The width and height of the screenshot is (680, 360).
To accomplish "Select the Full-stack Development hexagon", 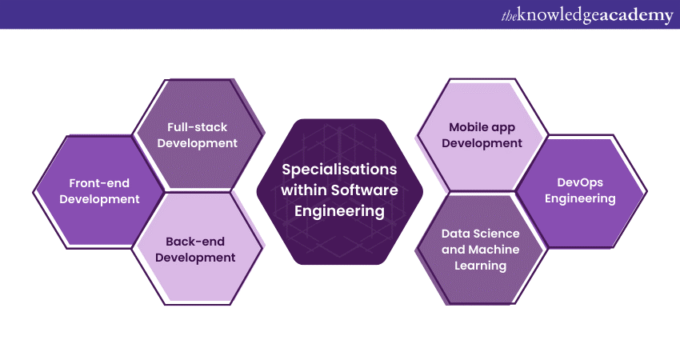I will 197,134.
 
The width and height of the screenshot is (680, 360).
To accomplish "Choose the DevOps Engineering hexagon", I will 580,190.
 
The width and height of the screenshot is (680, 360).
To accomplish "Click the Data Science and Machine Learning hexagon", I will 481,249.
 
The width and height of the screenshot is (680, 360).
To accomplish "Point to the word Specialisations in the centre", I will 338,170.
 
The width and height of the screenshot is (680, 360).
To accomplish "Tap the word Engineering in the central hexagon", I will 338,211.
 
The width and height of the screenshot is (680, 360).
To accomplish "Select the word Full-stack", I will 197,126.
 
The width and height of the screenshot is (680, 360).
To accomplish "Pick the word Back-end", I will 195,241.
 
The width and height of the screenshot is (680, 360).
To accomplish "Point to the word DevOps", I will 580,182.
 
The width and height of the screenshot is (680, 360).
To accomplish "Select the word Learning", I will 481,266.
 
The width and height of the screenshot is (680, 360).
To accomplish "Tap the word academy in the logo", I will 636,15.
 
